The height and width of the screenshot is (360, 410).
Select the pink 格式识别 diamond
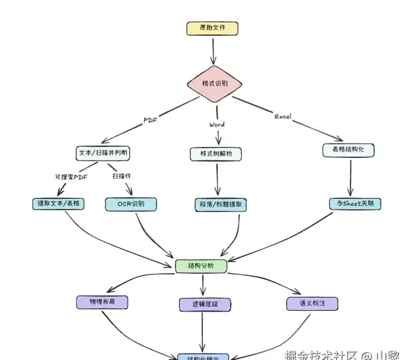[x=215, y=83]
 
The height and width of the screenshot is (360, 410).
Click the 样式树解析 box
[x=215, y=154]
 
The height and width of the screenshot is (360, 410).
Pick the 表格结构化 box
[x=348, y=149]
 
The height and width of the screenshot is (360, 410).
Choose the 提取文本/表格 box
[x=57, y=204]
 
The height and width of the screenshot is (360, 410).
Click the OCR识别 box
[x=132, y=204]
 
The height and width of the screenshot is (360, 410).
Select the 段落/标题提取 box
[x=219, y=204]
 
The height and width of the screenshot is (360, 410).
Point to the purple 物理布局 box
[x=102, y=301]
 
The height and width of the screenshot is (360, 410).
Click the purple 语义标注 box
[x=312, y=302]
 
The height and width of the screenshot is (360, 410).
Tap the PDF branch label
[x=150, y=120]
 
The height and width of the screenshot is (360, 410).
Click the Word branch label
[x=217, y=125]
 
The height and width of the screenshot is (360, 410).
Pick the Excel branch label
[x=283, y=117]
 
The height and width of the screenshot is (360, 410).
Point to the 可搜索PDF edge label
[x=72, y=176]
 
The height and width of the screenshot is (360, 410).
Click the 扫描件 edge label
[x=122, y=176]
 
